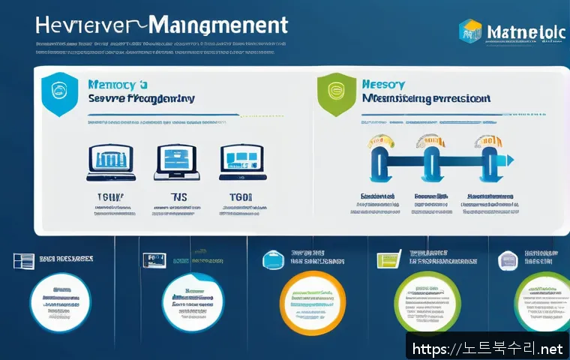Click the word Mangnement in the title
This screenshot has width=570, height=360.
point(217,25)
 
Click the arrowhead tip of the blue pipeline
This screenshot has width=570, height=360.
point(510,159)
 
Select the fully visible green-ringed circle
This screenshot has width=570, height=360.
point(427,301)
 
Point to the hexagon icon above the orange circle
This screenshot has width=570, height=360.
point(272,259)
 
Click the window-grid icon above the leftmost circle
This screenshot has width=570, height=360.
point(23,260)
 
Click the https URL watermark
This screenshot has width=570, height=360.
point(486,348)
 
